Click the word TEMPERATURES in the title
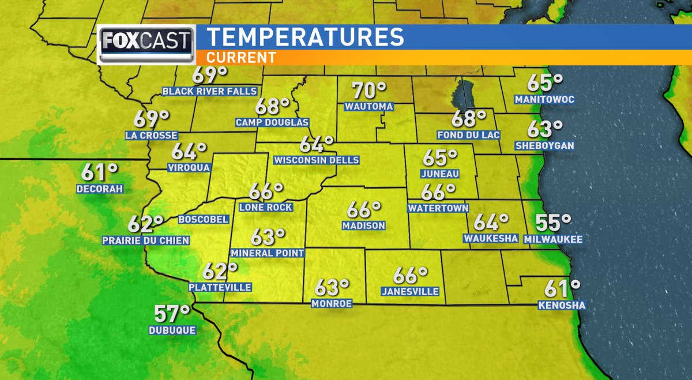point(305,37)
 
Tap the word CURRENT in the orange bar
point(241,58)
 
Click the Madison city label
point(363,225)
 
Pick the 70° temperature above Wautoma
point(369,91)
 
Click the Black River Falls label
point(209,91)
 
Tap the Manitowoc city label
point(545,100)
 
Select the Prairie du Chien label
point(145,240)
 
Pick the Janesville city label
point(410,292)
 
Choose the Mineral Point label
point(267,253)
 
